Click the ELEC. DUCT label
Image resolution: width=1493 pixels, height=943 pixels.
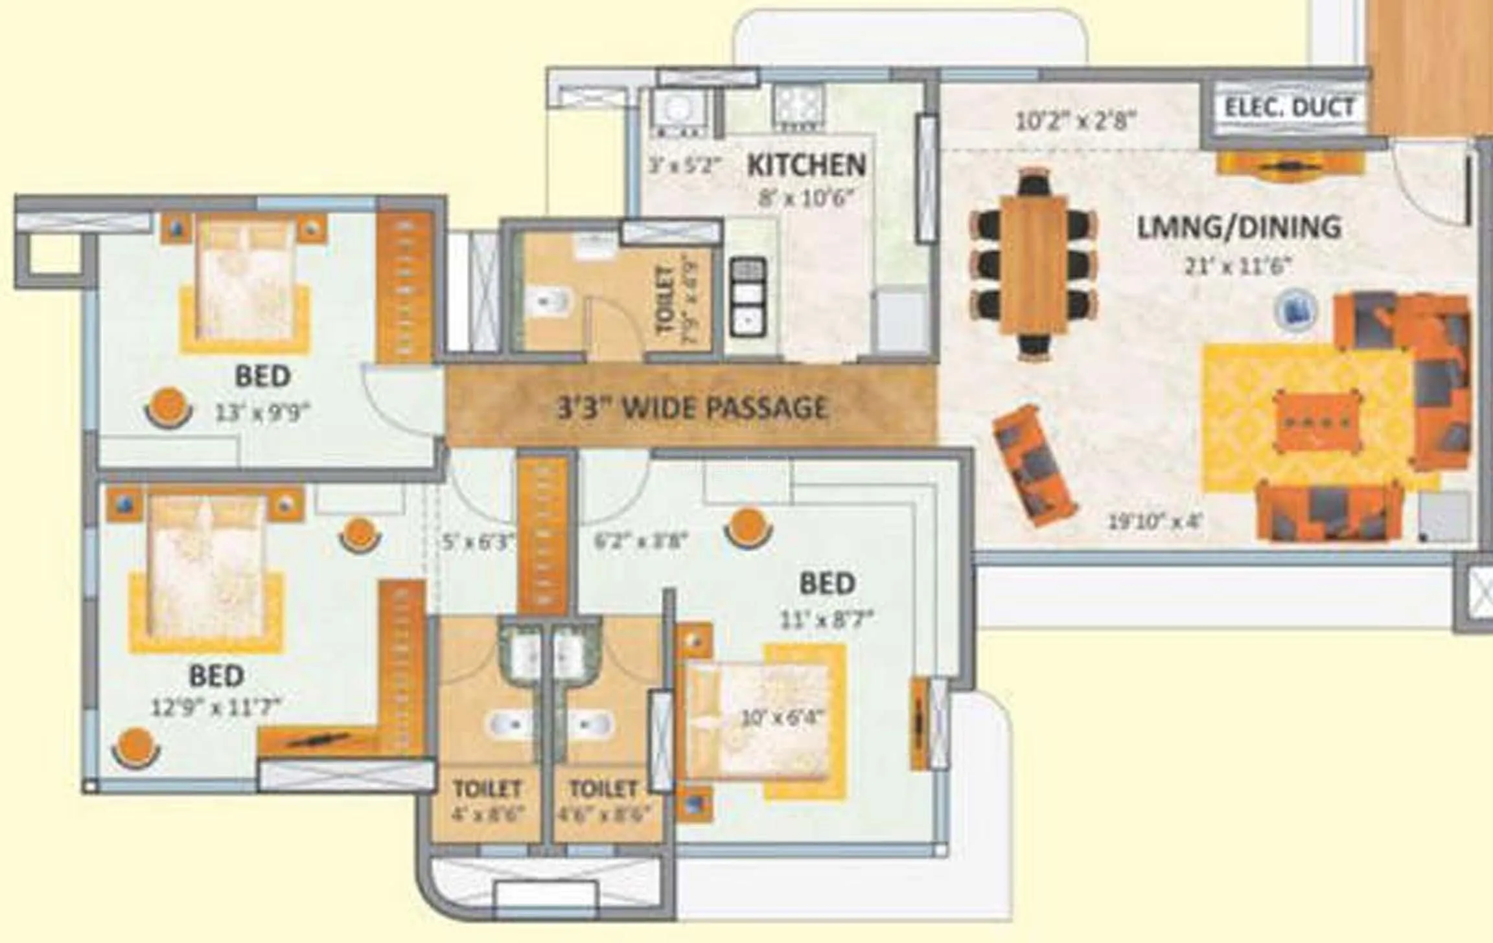click(x=1288, y=108)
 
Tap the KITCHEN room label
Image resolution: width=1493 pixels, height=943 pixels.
click(x=806, y=165)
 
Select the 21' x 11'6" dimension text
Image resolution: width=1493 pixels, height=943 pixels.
click(x=1238, y=266)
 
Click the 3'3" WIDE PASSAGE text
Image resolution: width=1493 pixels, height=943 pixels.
click(x=693, y=408)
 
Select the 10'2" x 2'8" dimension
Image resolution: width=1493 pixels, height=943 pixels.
click(x=1075, y=121)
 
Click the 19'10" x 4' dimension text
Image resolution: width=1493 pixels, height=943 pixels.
click(x=1155, y=521)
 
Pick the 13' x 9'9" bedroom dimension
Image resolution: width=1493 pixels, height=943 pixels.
click(x=262, y=412)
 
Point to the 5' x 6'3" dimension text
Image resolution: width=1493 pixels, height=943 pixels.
click(x=478, y=541)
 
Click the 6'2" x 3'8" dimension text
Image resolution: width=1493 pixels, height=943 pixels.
click(x=640, y=540)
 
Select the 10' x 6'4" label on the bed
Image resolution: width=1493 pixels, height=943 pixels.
click(x=782, y=718)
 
